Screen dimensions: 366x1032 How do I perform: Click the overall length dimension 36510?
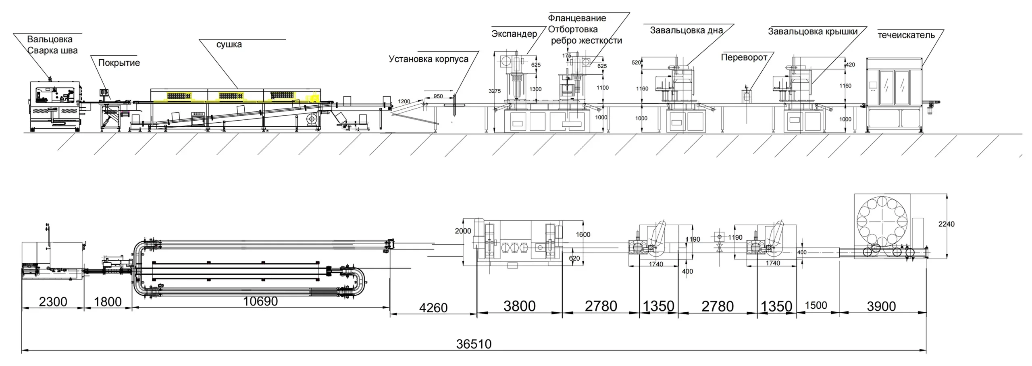[x=474, y=344]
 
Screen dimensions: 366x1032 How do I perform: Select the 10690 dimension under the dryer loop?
[x=260, y=301]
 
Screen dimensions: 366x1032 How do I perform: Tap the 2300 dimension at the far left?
[x=53, y=302]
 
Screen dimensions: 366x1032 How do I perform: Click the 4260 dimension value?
[x=433, y=308]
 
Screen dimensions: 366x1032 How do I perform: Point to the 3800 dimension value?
[x=519, y=306]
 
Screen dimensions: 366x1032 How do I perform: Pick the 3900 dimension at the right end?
[x=881, y=306]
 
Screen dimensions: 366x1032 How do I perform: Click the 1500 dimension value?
[x=816, y=305]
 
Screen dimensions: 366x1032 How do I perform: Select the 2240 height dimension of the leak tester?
[x=946, y=224]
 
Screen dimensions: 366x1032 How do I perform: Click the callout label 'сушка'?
[x=229, y=44]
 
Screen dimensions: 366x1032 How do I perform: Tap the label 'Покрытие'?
[x=119, y=63]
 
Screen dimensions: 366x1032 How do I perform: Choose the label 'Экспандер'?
[x=514, y=33]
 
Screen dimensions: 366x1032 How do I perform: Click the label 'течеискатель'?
[x=906, y=35]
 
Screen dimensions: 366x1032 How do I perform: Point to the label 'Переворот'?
[x=744, y=57]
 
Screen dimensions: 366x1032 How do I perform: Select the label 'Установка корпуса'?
[x=429, y=59]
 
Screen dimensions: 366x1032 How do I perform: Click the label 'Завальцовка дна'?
[x=686, y=30]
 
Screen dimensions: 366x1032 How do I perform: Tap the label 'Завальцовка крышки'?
[x=812, y=31]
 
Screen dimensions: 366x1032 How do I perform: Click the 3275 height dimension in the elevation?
[x=495, y=91]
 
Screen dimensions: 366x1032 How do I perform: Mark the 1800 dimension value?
[x=108, y=302]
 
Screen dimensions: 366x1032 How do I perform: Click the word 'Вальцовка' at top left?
[x=50, y=39]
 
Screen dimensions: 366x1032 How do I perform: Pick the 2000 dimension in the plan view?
[x=463, y=231]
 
